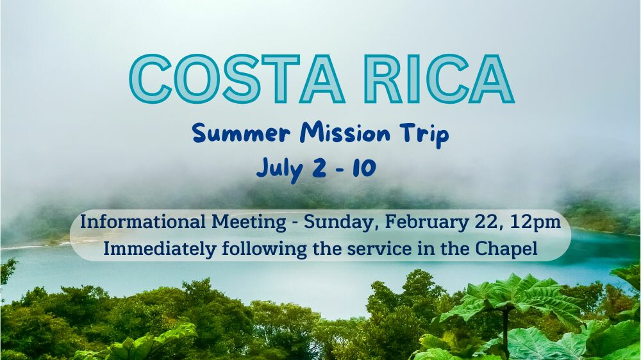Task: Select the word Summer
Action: tap(241, 134)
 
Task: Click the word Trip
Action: tap(424, 135)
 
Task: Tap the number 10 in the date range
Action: tap(364, 168)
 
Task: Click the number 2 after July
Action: tap(319, 168)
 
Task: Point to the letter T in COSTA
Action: tap(281, 79)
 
